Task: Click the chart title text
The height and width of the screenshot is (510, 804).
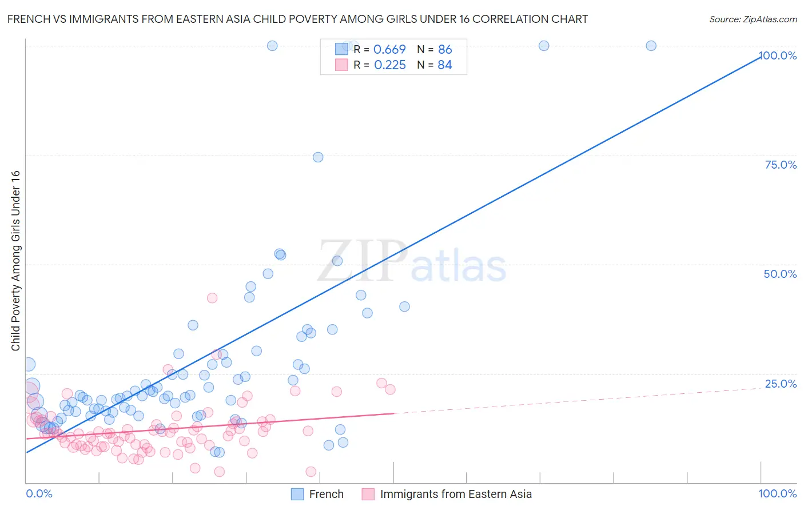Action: coord(297,19)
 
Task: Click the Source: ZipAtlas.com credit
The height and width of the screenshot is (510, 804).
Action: coord(753,19)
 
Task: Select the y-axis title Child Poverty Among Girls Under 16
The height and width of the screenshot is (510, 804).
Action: coord(15,261)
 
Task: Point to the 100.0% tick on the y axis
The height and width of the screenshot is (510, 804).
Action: coord(778,55)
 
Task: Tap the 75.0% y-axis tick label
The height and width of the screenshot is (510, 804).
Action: coord(781,165)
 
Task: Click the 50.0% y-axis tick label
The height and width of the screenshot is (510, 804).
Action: coord(780,274)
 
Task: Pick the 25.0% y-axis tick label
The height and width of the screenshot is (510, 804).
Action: coord(781,384)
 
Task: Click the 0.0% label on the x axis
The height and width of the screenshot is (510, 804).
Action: coord(39,493)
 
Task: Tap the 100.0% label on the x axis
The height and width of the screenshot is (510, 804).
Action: coord(777,493)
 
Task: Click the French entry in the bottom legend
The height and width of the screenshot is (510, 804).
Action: coord(318,494)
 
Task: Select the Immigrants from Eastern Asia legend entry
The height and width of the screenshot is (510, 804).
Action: coord(447,494)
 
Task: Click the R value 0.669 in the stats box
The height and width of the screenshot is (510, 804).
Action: coord(389,50)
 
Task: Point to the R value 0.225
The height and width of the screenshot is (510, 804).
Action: coord(389,65)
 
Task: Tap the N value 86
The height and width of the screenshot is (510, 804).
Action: coord(445,50)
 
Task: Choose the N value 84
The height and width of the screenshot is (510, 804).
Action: coord(445,65)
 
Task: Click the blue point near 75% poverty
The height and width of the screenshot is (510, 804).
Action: coord(318,157)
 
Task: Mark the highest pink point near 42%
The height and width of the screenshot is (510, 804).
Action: coord(212,298)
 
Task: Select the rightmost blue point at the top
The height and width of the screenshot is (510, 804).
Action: coord(651,46)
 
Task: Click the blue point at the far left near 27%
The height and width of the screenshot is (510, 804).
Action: coord(29,364)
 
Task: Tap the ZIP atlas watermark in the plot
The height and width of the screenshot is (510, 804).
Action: coord(412,262)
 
